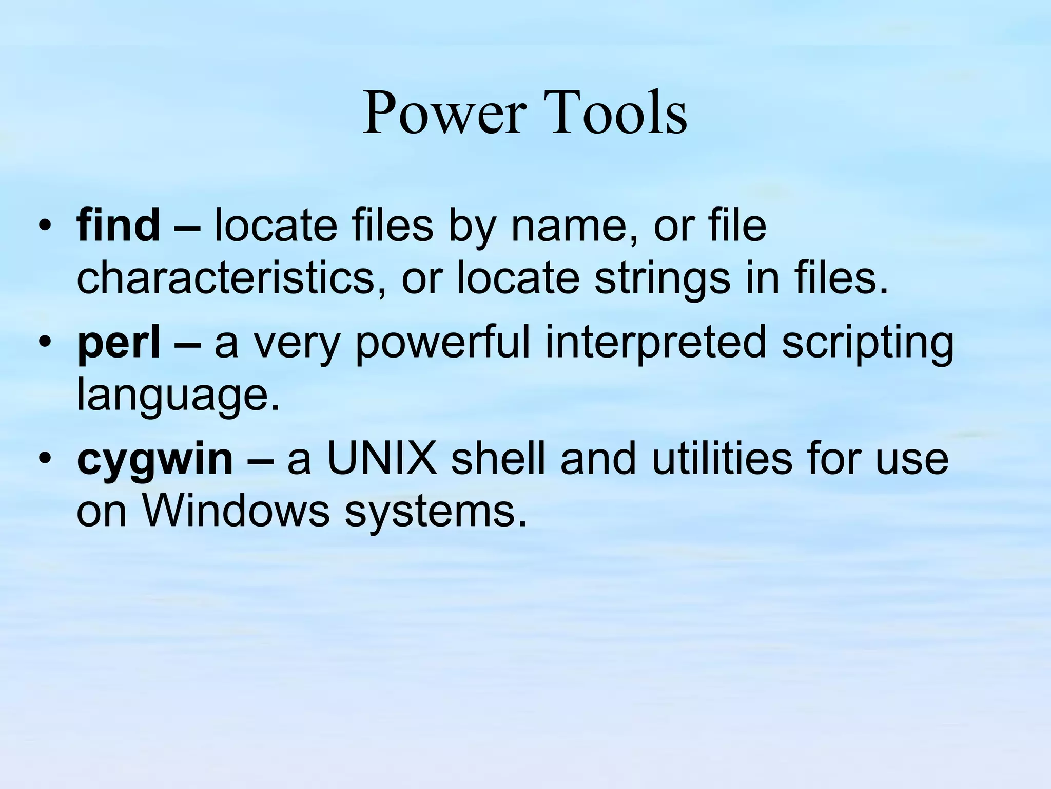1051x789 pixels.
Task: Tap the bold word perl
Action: [x=118, y=343]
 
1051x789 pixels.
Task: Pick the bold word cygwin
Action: [x=154, y=460]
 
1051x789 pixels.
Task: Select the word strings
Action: [x=662, y=280]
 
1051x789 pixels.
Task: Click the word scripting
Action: [x=867, y=343]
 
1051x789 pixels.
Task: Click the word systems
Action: [x=436, y=513]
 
